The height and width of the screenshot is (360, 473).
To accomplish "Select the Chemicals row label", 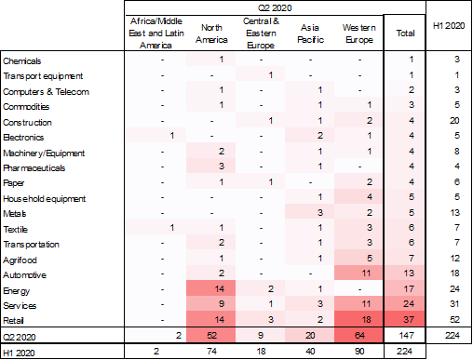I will [x=22, y=60].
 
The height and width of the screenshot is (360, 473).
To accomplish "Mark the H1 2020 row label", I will [x=20, y=352].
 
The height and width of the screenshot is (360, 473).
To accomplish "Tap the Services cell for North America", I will [x=221, y=303].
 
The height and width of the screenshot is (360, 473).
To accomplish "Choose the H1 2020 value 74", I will [x=221, y=352].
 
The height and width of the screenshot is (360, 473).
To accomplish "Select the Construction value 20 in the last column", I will [x=453, y=121].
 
